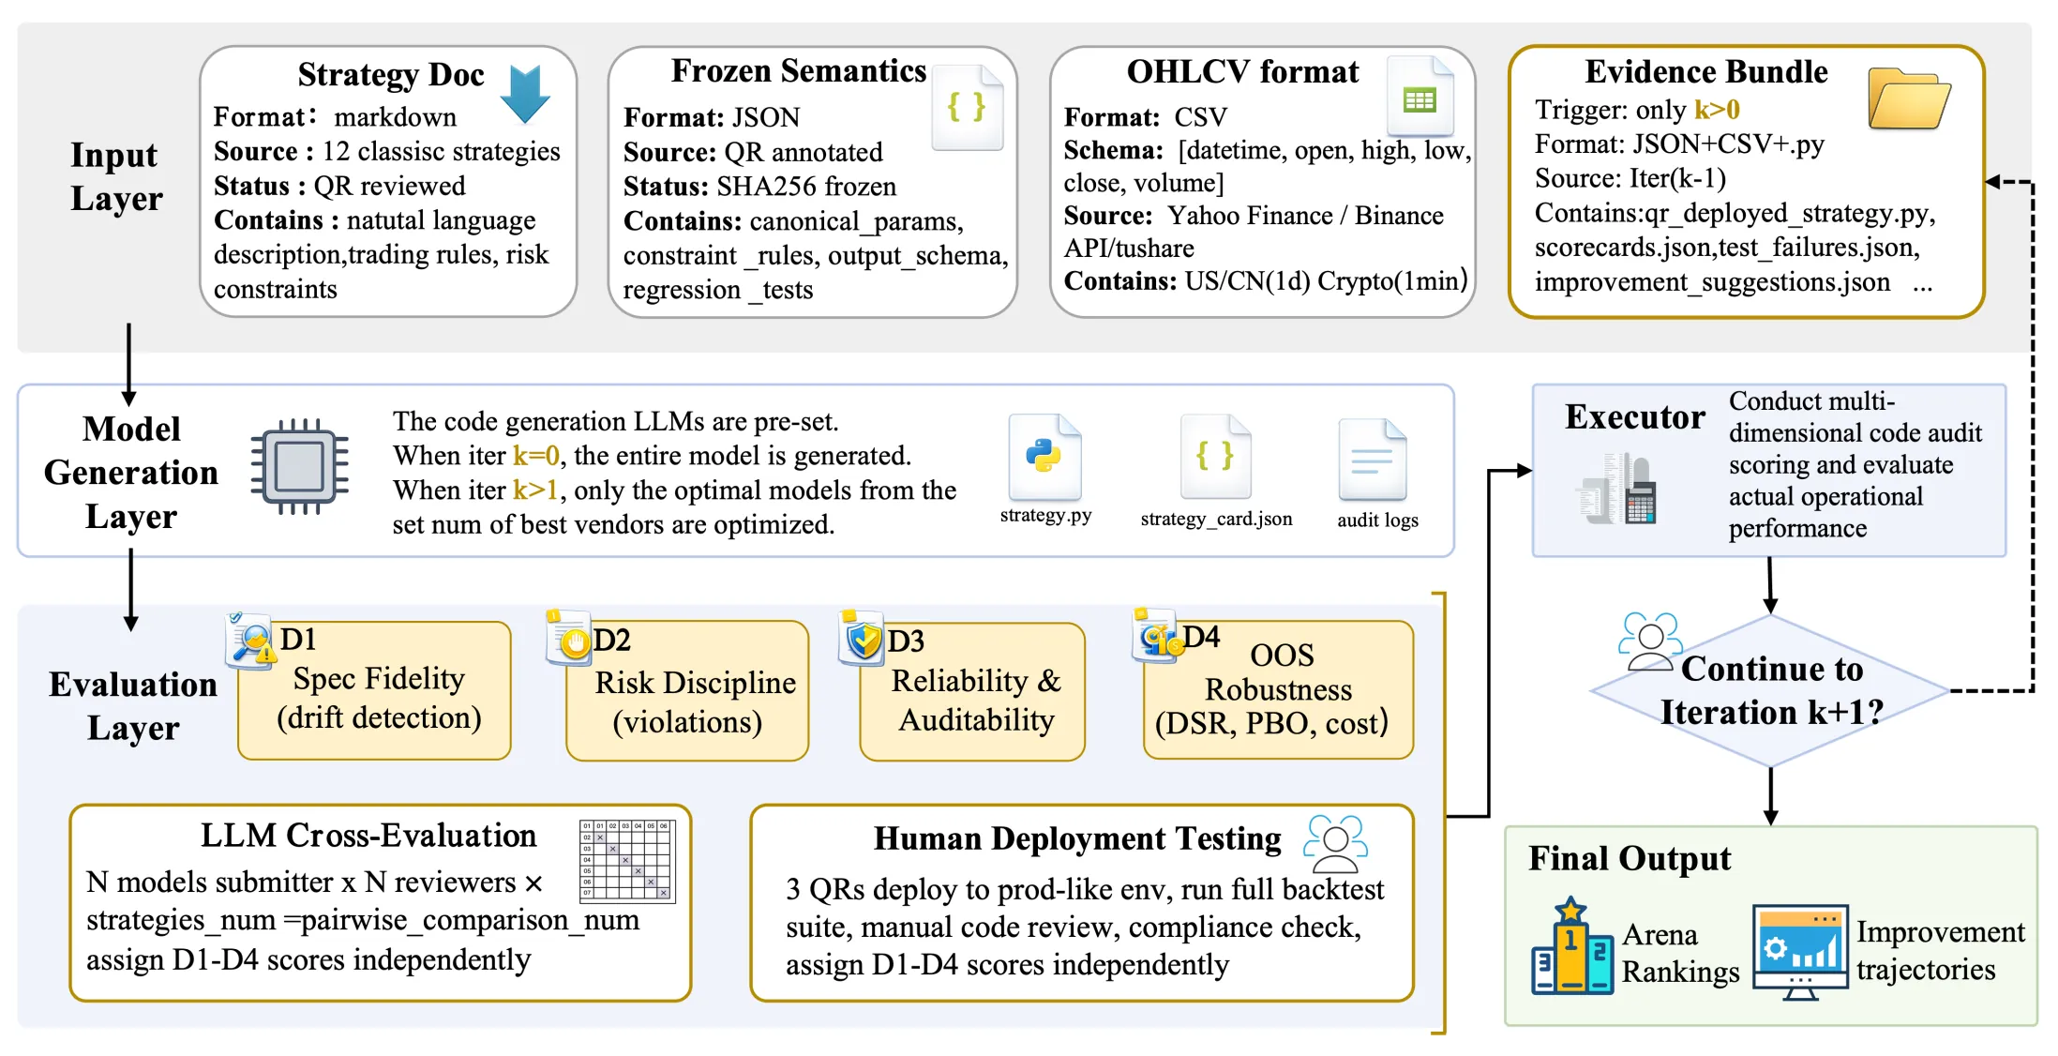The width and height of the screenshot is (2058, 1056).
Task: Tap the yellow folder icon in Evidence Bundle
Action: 1909,98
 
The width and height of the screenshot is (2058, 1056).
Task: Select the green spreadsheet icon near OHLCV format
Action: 1420,96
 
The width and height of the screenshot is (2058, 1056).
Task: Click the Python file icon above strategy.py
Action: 1044,458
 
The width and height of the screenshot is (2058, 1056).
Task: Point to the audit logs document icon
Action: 1373,460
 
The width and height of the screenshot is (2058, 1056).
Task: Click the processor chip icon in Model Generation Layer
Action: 300,466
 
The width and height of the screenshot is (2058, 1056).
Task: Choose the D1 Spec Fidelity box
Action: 375,690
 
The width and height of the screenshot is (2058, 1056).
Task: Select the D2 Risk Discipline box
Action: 688,691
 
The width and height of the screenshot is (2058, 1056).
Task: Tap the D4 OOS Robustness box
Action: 1279,690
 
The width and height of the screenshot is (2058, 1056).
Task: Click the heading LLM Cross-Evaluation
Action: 368,835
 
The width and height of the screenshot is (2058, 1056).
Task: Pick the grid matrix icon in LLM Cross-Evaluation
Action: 627,860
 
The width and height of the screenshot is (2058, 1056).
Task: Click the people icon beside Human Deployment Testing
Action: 1336,844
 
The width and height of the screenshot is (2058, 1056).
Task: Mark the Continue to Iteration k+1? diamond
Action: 1770,691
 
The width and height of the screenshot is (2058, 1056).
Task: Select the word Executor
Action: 1635,416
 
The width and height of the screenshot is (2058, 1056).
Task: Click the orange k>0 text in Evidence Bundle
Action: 1717,110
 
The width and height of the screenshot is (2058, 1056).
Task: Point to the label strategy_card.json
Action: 1216,519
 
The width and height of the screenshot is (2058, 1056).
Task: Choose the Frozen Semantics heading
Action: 799,70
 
